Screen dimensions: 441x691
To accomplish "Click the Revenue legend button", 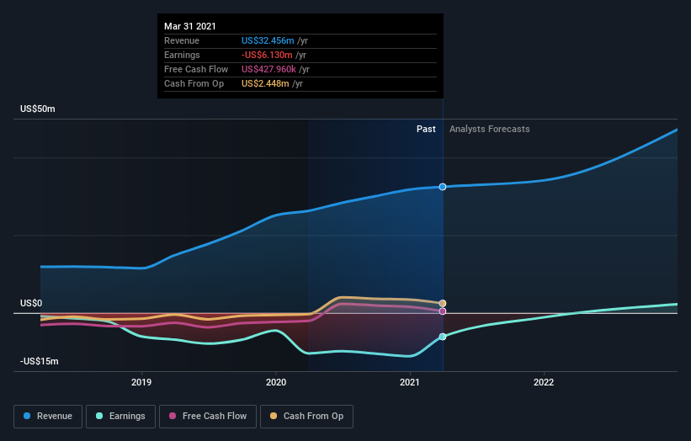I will point(48,416).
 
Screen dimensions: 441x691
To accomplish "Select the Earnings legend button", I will point(120,416).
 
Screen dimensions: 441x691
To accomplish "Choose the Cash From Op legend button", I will point(306,416).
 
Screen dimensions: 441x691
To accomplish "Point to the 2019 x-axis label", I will point(141,383).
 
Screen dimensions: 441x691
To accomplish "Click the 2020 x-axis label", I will point(275,383).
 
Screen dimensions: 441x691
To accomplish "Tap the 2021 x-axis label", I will point(410,383).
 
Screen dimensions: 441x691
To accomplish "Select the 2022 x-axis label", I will point(544,383).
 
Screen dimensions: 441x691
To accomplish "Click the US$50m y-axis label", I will point(38,109).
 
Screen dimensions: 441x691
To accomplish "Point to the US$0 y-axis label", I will point(31,303).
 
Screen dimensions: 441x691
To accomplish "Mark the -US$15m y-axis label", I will point(40,361).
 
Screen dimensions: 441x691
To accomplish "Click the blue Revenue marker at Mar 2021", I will point(443,187).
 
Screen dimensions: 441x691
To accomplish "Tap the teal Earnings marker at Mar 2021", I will point(443,337).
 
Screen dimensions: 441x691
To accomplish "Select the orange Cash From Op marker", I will point(443,303).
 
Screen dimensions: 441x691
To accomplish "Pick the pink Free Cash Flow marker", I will point(443,311).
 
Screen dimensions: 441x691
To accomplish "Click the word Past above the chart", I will point(426,129).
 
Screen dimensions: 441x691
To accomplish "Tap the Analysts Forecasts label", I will point(490,129).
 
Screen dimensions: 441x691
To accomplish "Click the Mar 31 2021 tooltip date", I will point(189,26).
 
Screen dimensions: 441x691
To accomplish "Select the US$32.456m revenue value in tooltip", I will point(268,40).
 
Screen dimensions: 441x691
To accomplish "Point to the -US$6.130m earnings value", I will point(267,55).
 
